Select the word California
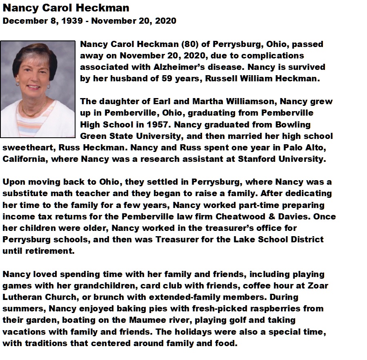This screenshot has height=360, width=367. click(x=25, y=159)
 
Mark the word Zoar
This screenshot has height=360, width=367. click(x=319, y=285)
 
